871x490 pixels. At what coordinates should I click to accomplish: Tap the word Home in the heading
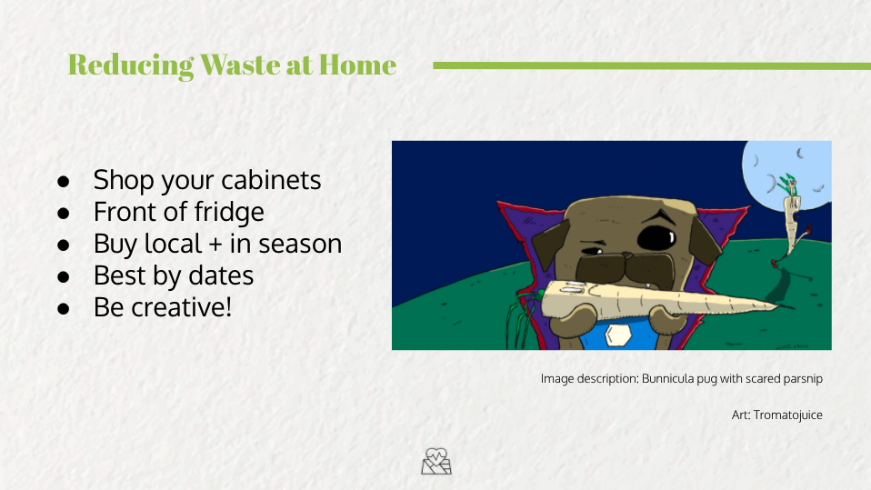tap(357, 65)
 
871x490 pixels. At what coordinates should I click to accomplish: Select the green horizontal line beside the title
tap(652, 65)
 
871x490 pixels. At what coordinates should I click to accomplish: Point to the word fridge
tap(229, 212)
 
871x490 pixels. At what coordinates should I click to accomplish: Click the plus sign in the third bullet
tap(215, 245)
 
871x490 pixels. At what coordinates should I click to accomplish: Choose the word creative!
tap(181, 307)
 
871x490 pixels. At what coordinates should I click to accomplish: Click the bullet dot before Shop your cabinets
tap(64, 181)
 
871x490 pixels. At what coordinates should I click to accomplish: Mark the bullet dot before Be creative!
tap(64, 308)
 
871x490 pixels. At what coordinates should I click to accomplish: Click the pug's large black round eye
tap(656, 238)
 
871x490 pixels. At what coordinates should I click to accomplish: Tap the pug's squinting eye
tap(593, 251)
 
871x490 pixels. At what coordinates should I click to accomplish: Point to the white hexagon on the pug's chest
tap(616, 335)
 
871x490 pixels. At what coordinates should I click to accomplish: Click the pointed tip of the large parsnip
tap(792, 306)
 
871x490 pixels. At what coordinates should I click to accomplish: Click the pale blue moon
tap(787, 175)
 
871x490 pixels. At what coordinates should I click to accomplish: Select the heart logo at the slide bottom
tap(436, 462)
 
